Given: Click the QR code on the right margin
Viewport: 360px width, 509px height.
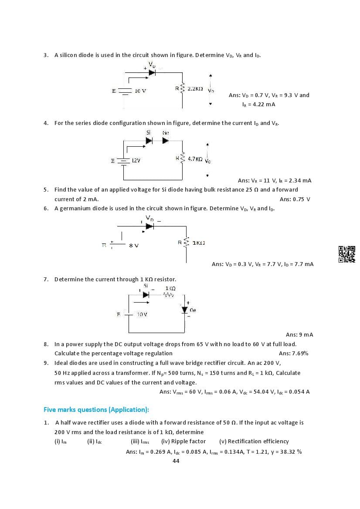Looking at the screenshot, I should pos(346,254).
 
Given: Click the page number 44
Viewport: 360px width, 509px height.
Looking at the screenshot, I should pos(176,461).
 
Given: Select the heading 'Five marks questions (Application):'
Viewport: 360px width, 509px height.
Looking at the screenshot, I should pos(96,410).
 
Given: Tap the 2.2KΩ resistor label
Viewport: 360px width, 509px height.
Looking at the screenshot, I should pos(195,88).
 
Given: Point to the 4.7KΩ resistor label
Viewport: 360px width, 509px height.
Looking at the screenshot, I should pos(195,159).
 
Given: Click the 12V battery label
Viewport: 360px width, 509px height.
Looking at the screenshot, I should pos(136,161).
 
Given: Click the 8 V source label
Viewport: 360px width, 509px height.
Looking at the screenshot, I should pos(134,246).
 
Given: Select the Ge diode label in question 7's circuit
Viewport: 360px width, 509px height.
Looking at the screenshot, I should pos(193,310).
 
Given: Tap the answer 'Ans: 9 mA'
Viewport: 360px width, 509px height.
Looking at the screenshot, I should pos(299,334).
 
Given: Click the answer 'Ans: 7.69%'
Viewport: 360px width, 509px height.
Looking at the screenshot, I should pos(293,353).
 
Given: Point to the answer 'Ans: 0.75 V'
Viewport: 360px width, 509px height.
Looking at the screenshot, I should pos(295,199).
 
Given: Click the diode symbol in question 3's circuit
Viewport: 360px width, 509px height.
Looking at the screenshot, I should pos(152,72).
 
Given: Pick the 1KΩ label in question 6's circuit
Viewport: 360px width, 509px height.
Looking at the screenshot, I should pos(198,243).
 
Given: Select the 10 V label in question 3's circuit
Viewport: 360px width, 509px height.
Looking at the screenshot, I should pos(140,91).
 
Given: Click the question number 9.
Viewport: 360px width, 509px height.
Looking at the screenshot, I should pos(46,363).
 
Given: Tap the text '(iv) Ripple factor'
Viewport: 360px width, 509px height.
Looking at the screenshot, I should pos(183,441).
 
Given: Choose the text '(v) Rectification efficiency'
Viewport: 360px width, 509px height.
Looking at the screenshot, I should pos(254,441).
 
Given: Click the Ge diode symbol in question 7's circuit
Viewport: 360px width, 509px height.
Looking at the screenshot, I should pos(185,310).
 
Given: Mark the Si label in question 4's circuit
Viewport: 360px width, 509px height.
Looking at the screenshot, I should pos(148,132).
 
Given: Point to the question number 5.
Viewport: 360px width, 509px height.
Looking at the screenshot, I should pos(46,189).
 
